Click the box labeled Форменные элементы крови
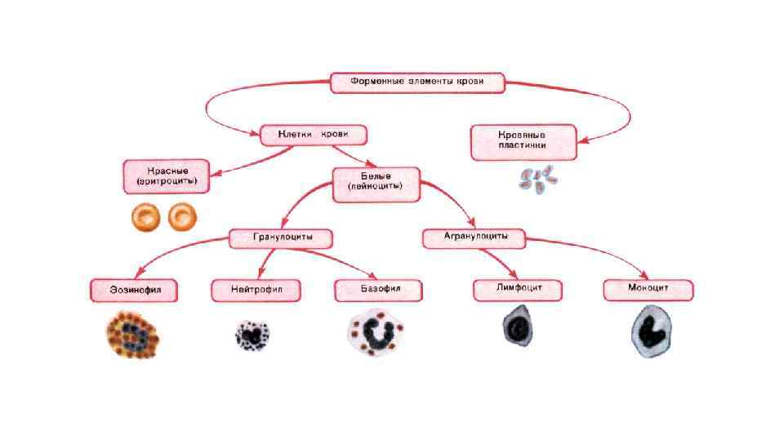[x=416, y=82]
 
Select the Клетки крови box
[x=313, y=134]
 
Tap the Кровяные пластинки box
[x=522, y=141]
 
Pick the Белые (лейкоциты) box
[x=376, y=185]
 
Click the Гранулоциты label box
[x=282, y=238]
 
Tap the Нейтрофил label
[x=256, y=290]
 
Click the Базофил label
[x=379, y=289]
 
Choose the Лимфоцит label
[x=519, y=289]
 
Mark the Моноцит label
[x=648, y=289]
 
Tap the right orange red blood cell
[x=182, y=216]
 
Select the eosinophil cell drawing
[x=133, y=336]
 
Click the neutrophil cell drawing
[x=253, y=335]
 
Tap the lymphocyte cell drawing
[x=518, y=327]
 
